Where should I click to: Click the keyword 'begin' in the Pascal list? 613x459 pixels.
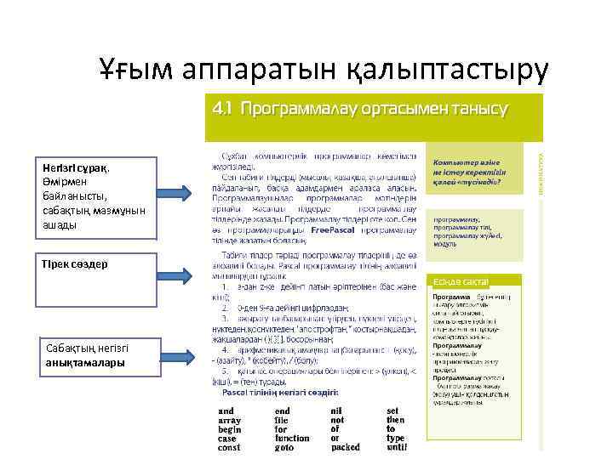point(230,429)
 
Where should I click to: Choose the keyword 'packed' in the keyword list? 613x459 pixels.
point(345,447)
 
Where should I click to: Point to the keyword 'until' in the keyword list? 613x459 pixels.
point(397,447)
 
